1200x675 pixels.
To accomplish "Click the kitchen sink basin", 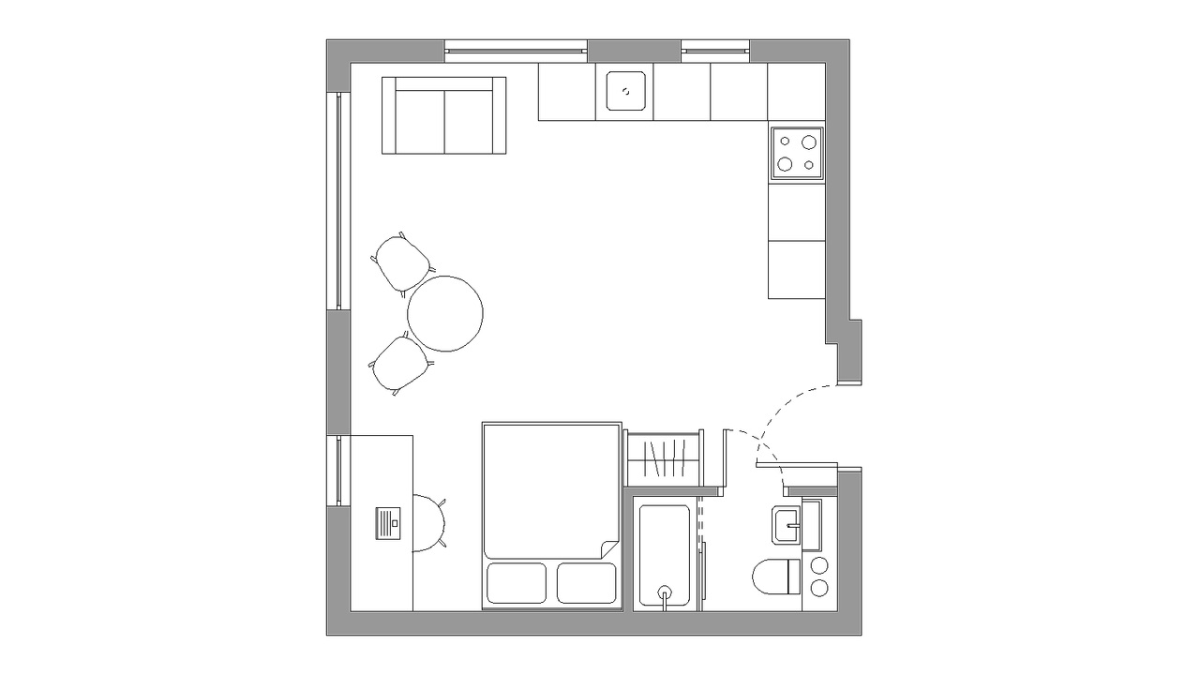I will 624,92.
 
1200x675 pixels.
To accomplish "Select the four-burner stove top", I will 797,153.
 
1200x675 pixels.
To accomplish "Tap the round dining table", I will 445,313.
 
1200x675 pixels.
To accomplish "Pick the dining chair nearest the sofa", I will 402,262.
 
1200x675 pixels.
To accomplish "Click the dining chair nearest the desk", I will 400,364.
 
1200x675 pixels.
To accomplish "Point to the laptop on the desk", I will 388,522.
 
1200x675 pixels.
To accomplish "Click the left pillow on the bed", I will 517,582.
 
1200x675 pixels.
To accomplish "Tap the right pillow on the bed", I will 587,582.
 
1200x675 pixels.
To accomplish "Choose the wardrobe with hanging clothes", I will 664,459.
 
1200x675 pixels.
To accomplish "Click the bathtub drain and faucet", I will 666,593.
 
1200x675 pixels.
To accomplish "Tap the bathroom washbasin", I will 787,525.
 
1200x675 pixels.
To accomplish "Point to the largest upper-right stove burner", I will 807,142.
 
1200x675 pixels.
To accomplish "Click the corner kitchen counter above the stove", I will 796,92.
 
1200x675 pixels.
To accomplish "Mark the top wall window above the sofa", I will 516,45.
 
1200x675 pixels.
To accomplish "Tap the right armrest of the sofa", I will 500,114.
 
